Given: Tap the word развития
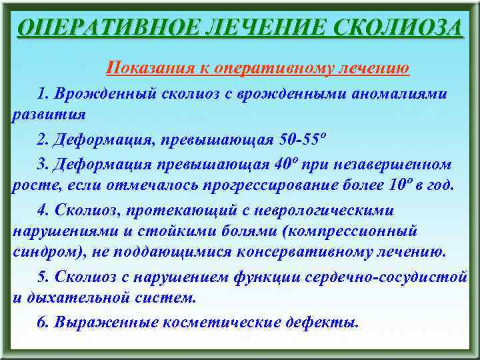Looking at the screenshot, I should point(49,113).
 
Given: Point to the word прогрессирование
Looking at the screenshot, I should point(274,185).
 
